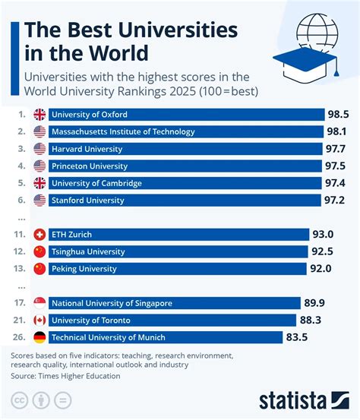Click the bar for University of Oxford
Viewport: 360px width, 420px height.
point(186,115)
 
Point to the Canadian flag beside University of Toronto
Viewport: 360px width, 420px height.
point(40,320)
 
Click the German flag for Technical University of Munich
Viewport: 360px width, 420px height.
point(40,336)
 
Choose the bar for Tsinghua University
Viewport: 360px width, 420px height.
point(178,252)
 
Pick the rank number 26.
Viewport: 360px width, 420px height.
point(20,336)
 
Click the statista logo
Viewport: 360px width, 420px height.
point(303,399)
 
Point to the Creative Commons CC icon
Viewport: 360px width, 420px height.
point(21,400)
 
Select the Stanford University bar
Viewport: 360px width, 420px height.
point(186,200)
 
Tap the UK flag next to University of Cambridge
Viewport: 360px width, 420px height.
point(40,183)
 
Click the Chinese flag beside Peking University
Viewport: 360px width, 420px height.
point(40,269)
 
